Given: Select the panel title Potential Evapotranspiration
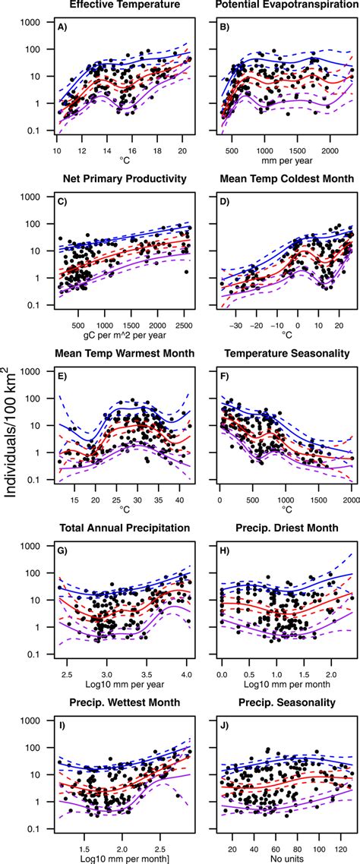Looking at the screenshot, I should coord(281,5).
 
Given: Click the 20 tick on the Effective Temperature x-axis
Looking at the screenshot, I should coord(182,150).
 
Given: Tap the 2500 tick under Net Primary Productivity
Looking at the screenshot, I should coord(185,324).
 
